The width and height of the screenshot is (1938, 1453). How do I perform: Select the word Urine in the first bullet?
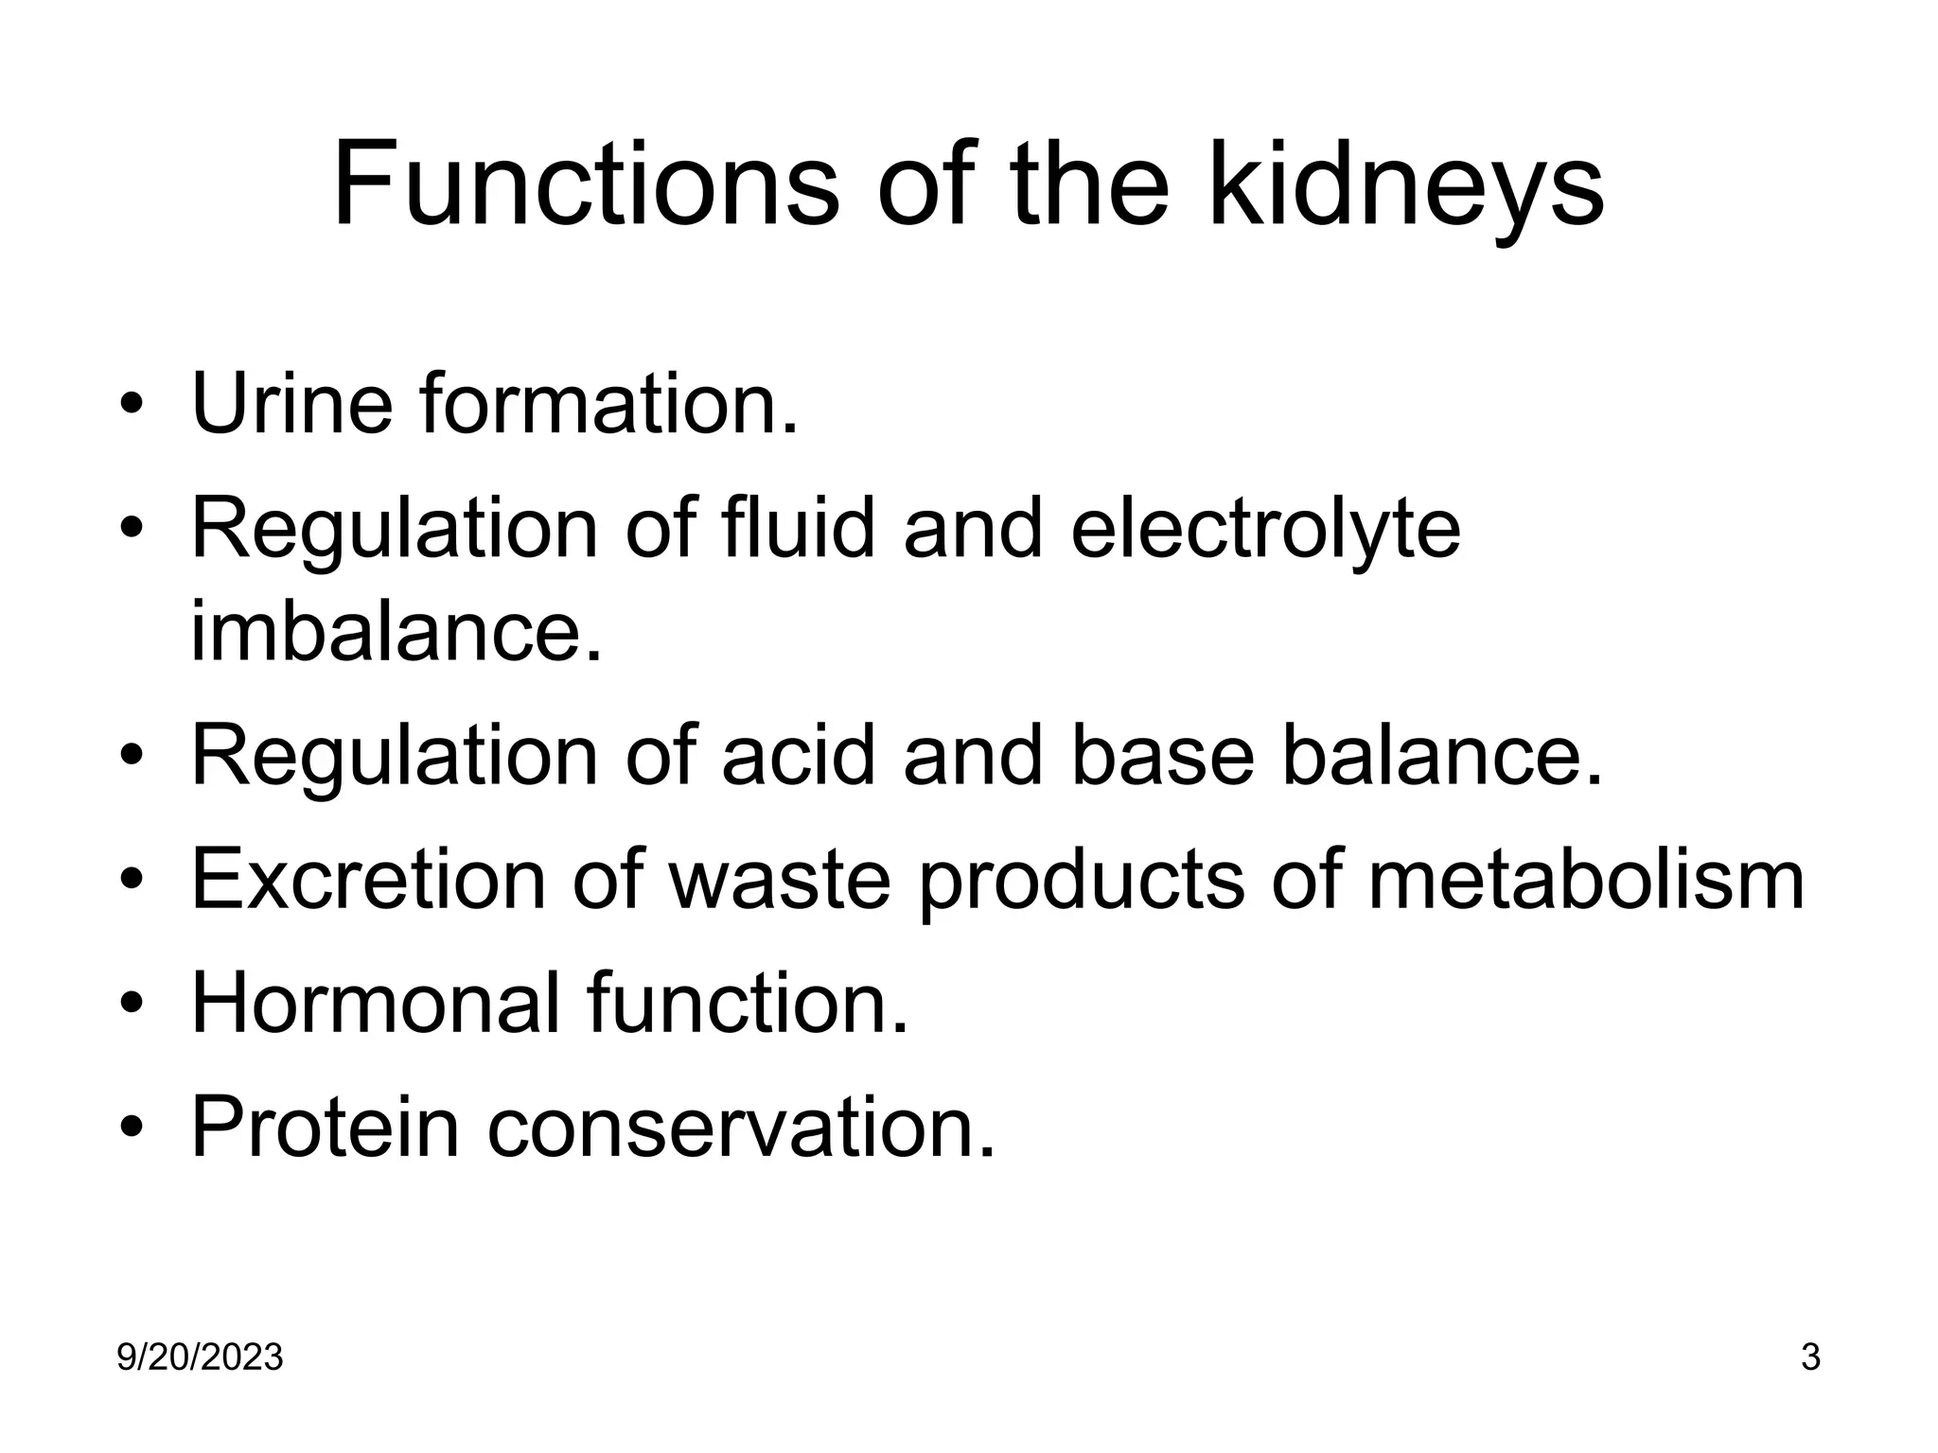point(291,404)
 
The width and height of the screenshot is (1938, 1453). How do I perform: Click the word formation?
point(609,404)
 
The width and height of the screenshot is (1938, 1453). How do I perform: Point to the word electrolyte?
point(1265,530)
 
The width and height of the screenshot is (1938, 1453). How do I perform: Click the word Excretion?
point(369,880)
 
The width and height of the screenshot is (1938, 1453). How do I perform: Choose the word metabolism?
point(1586,880)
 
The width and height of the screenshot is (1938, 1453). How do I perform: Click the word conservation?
point(741,1127)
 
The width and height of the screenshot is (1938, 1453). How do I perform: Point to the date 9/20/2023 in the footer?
point(200,1358)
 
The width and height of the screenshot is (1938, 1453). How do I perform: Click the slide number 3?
point(1810,1358)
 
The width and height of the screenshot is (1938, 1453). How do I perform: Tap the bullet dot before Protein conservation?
point(132,1129)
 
